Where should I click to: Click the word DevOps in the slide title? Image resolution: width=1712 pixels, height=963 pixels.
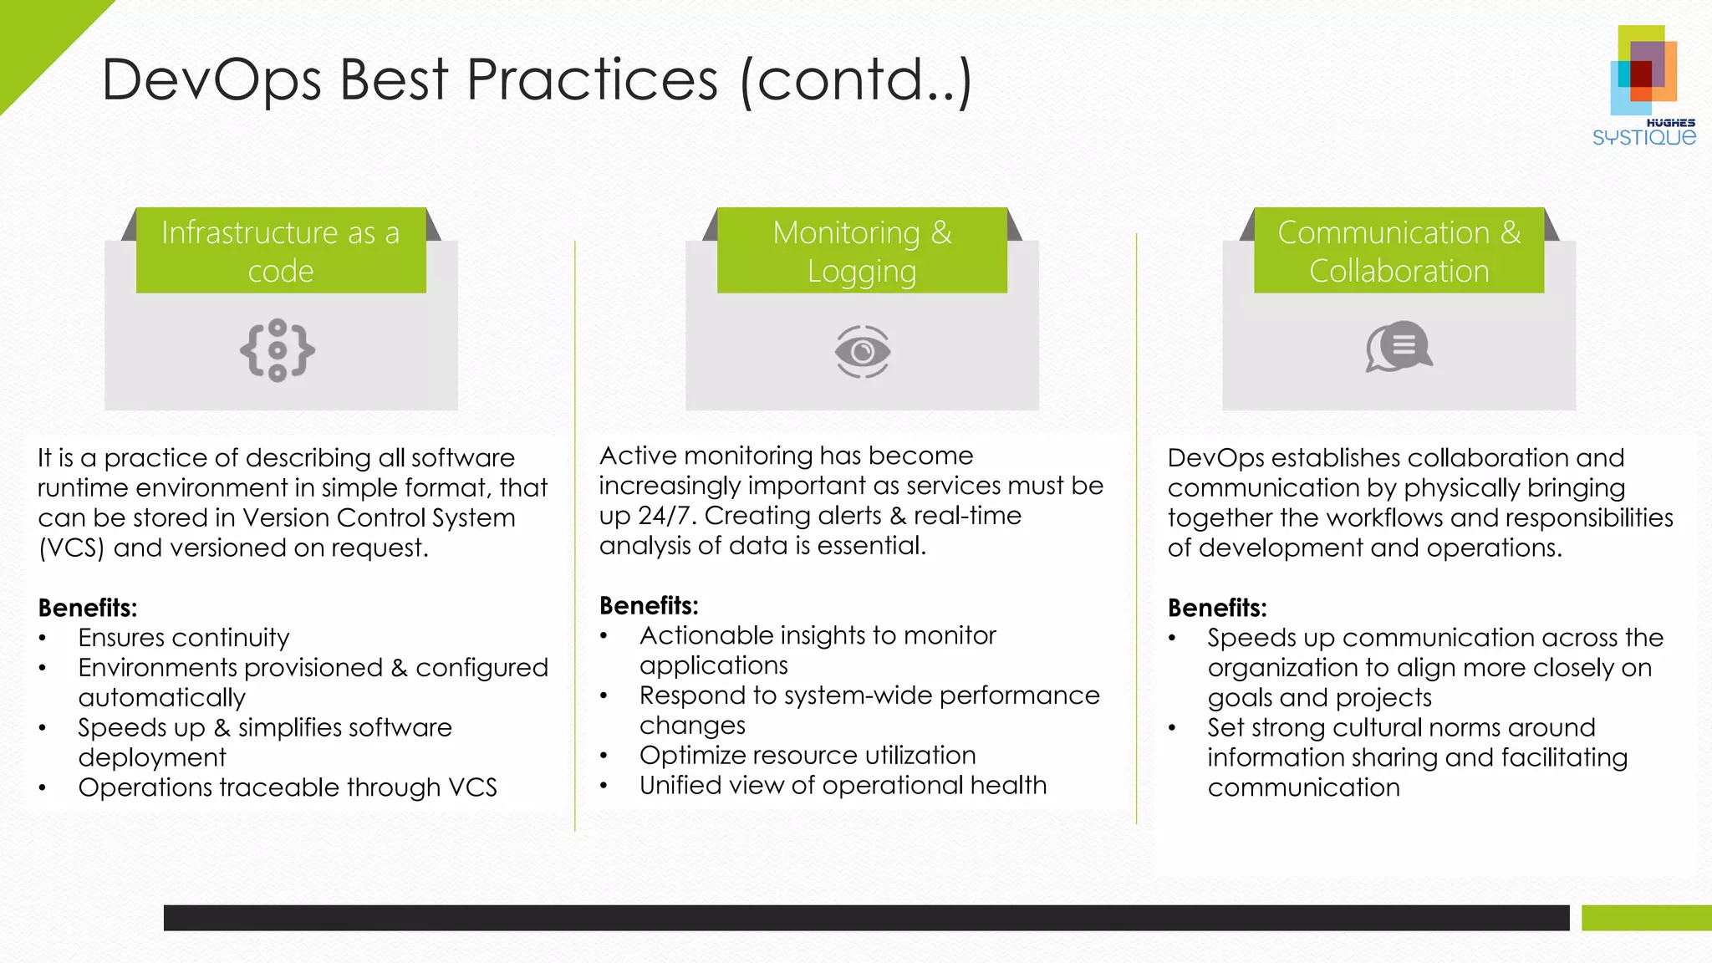(x=212, y=80)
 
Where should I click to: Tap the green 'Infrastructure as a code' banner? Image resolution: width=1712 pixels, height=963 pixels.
(x=281, y=251)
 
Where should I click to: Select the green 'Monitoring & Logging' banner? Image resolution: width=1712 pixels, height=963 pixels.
(x=862, y=251)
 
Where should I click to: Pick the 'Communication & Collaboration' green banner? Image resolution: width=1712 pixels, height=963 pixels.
(x=1399, y=251)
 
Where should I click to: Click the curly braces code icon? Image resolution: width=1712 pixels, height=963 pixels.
(x=278, y=350)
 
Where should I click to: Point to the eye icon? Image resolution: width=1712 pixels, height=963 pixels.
(x=863, y=351)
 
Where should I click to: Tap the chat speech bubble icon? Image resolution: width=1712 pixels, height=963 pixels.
(x=1399, y=346)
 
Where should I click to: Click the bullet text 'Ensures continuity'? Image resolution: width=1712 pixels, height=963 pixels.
(x=184, y=638)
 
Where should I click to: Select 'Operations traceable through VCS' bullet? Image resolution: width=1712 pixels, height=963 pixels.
(x=288, y=787)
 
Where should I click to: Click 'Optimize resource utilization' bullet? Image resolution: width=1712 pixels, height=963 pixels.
(x=808, y=756)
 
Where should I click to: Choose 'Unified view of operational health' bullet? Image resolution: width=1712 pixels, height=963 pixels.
(x=843, y=786)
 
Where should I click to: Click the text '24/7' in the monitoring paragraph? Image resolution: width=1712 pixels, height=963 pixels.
(x=666, y=516)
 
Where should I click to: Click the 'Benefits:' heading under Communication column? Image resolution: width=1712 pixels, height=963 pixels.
(x=1217, y=608)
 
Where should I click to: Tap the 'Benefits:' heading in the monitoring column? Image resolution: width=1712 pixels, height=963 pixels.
(x=649, y=605)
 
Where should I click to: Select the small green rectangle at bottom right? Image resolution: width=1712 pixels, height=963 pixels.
(x=1645, y=918)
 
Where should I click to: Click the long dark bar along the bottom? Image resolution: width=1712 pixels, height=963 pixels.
(x=866, y=918)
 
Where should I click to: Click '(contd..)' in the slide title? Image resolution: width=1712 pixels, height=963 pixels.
(x=856, y=80)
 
